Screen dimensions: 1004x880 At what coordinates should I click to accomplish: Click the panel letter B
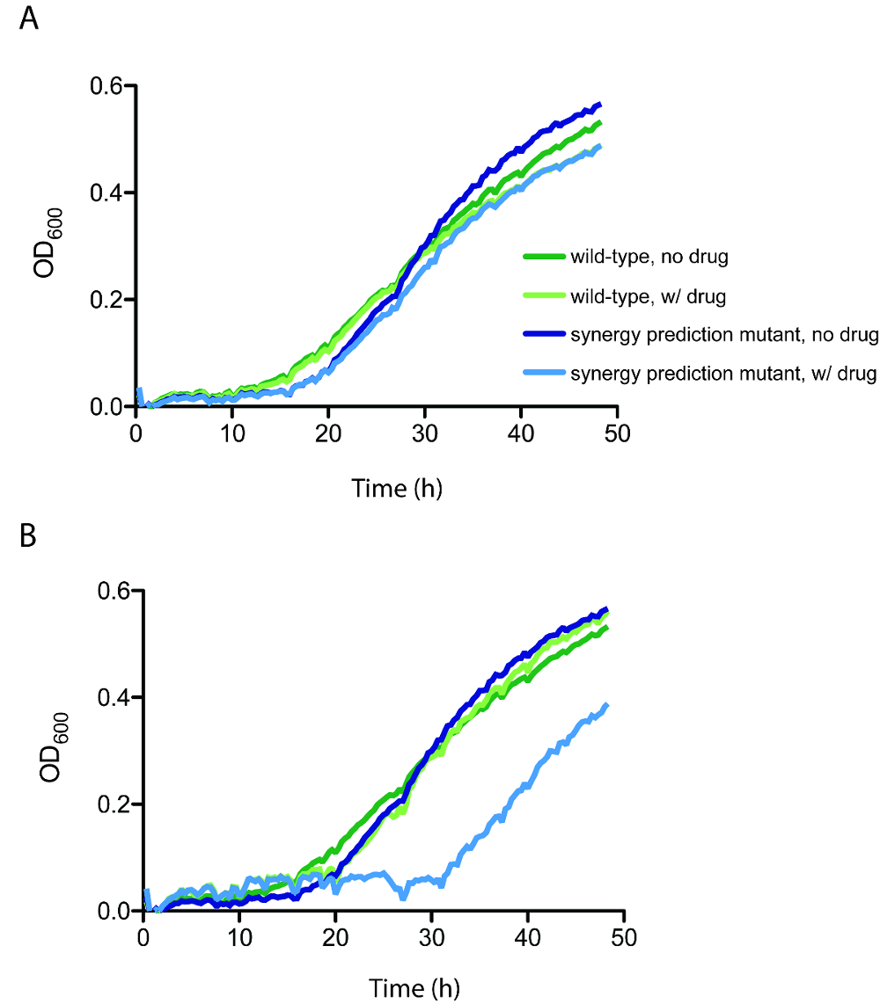28,535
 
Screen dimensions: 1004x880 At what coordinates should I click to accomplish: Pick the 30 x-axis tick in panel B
431,937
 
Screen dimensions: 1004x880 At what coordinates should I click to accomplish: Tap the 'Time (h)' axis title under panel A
397,488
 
